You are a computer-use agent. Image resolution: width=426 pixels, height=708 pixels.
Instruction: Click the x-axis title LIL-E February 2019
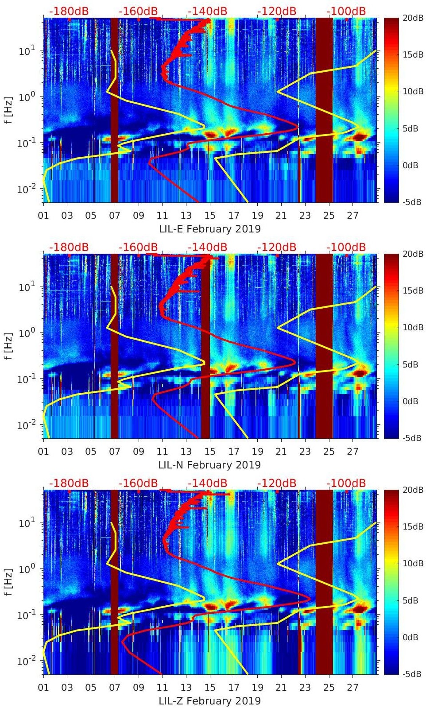(x=209, y=229)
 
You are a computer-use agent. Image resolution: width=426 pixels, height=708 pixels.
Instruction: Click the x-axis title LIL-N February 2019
(x=209, y=465)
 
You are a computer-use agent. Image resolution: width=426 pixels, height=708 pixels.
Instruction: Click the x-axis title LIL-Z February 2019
(x=209, y=701)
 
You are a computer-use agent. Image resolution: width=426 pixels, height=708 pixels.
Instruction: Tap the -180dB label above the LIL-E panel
(x=69, y=11)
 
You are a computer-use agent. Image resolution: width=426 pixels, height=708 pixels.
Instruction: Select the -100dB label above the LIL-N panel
(x=346, y=247)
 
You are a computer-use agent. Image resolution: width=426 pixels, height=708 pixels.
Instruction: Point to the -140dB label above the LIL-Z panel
(x=207, y=483)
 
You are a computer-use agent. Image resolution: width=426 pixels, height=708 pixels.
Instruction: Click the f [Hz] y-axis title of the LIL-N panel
(x=10, y=346)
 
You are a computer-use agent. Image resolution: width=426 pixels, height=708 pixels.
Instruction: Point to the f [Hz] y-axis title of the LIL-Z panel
(x=10, y=582)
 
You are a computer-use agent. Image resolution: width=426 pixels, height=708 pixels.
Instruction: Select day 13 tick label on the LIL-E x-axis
(x=186, y=216)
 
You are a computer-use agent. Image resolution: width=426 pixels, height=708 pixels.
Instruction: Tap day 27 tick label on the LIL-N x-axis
(x=352, y=452)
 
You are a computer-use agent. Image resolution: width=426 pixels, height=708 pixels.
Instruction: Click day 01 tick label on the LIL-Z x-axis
(x=43, y=688)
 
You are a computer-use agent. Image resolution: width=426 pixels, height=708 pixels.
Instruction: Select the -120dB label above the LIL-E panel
(x=277, y=11)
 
